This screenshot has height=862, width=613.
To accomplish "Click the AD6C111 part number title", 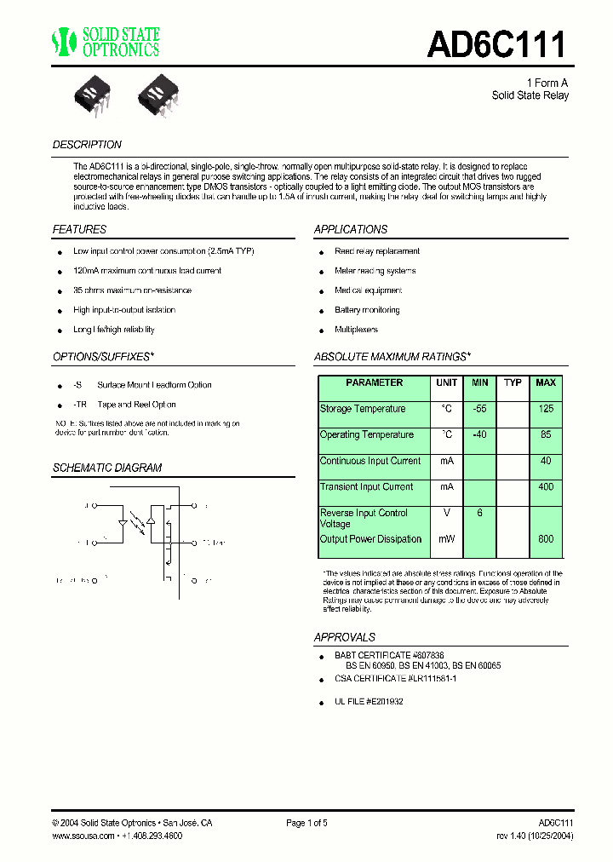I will point(496,44).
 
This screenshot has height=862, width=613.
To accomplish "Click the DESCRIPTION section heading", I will point(87,145).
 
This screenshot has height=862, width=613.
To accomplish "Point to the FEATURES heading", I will point(79,230).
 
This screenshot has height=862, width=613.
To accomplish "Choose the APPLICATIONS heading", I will point(350,230).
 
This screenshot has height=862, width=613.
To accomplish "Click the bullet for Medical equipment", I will point(323,292).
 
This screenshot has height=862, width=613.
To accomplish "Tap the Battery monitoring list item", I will point(367,311).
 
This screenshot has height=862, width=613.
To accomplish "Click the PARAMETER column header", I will point(374,383).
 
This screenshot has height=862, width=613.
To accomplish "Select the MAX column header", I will point(546,383).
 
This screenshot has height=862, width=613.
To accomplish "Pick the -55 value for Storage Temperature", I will point(480,409).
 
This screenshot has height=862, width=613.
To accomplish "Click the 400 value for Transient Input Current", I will point(546,487).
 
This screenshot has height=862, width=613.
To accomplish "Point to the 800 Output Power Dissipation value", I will point(546,539).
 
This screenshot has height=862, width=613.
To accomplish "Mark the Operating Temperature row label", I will point(366,435).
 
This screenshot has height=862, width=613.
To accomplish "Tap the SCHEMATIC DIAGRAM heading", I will point(106,468).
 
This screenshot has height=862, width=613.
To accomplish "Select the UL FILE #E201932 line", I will point(369,702).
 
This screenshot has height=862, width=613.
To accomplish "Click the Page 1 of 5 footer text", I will point(306,823).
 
